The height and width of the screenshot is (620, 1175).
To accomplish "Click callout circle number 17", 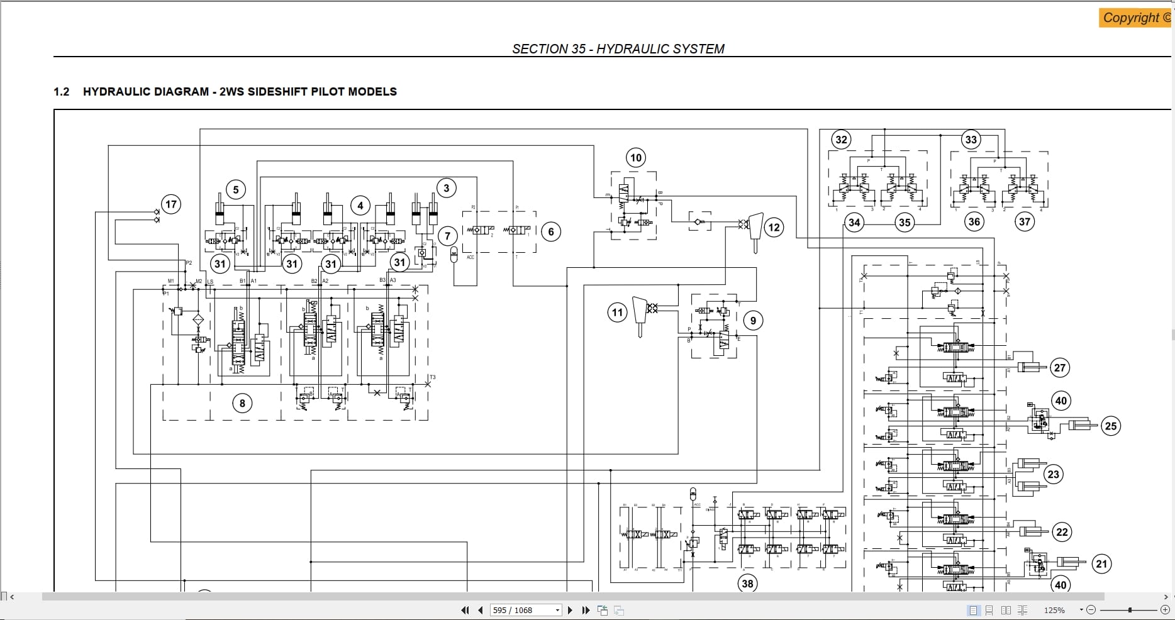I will pos(170,204).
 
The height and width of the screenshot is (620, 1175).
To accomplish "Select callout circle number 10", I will pos(636,158).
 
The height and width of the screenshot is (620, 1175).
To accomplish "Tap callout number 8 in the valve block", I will pos(242,403).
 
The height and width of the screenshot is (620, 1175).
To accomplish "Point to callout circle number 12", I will pos(774,228).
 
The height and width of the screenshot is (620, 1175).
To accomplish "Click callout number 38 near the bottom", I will pos(747,584).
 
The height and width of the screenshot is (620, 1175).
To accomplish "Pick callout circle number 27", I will pos(1060,368).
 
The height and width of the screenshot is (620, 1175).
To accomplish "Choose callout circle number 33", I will pos(971,140).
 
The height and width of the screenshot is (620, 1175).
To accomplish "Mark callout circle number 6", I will pos(551,232).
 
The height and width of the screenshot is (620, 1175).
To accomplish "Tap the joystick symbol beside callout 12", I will pos(755,230).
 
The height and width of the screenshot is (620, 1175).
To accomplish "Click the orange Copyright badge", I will pos(1136,18).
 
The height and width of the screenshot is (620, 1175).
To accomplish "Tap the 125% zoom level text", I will pos(1054,610).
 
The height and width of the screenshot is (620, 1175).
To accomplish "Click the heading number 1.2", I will pos(61,92).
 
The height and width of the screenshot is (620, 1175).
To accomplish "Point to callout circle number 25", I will pos(1111,426).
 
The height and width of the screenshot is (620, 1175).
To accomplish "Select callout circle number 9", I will pos(754,321).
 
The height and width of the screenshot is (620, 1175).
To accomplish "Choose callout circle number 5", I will pos(236,189).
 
